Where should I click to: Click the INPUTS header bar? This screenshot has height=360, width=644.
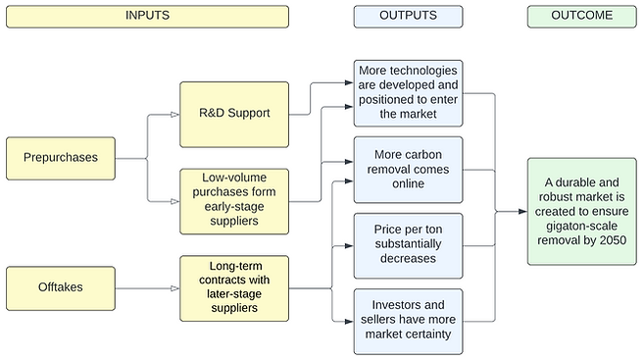pos(146,16)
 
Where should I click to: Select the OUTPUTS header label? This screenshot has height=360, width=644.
pos(408,16)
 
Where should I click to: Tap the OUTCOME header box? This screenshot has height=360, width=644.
pos(581,16)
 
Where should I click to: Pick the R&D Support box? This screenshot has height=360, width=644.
pos(234,114)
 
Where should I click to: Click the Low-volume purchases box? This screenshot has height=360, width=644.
pos(234,200)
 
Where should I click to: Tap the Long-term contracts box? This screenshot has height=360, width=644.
pos(234,287)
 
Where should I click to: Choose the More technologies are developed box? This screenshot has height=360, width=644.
pos(408,92)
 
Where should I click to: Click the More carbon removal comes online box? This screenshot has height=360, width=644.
pos(408,169)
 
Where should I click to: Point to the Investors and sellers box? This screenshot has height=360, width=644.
pos(408,321)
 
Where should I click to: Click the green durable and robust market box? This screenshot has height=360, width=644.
pos(581,210)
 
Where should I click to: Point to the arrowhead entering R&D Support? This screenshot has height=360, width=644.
pos(174,114)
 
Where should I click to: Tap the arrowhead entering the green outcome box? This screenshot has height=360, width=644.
pos(521,211)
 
